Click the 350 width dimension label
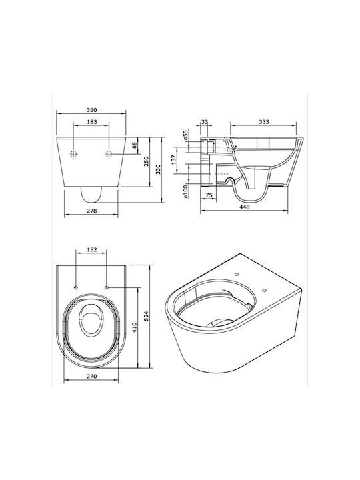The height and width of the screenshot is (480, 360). click(91, 110)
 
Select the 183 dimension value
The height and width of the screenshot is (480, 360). click(92, 122)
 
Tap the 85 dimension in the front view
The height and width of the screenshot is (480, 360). click(135, 145)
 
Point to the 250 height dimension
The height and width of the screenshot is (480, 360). click(146, 161)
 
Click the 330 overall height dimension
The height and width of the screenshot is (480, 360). click(158, 169)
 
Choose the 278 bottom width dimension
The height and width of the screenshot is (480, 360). click(91, 211)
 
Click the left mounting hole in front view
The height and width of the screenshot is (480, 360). click(73, 154)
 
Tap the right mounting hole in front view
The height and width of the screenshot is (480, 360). click(109, 154)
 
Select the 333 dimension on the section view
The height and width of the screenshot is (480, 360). click(264, 122)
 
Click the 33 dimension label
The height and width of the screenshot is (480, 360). click(205, 122)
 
